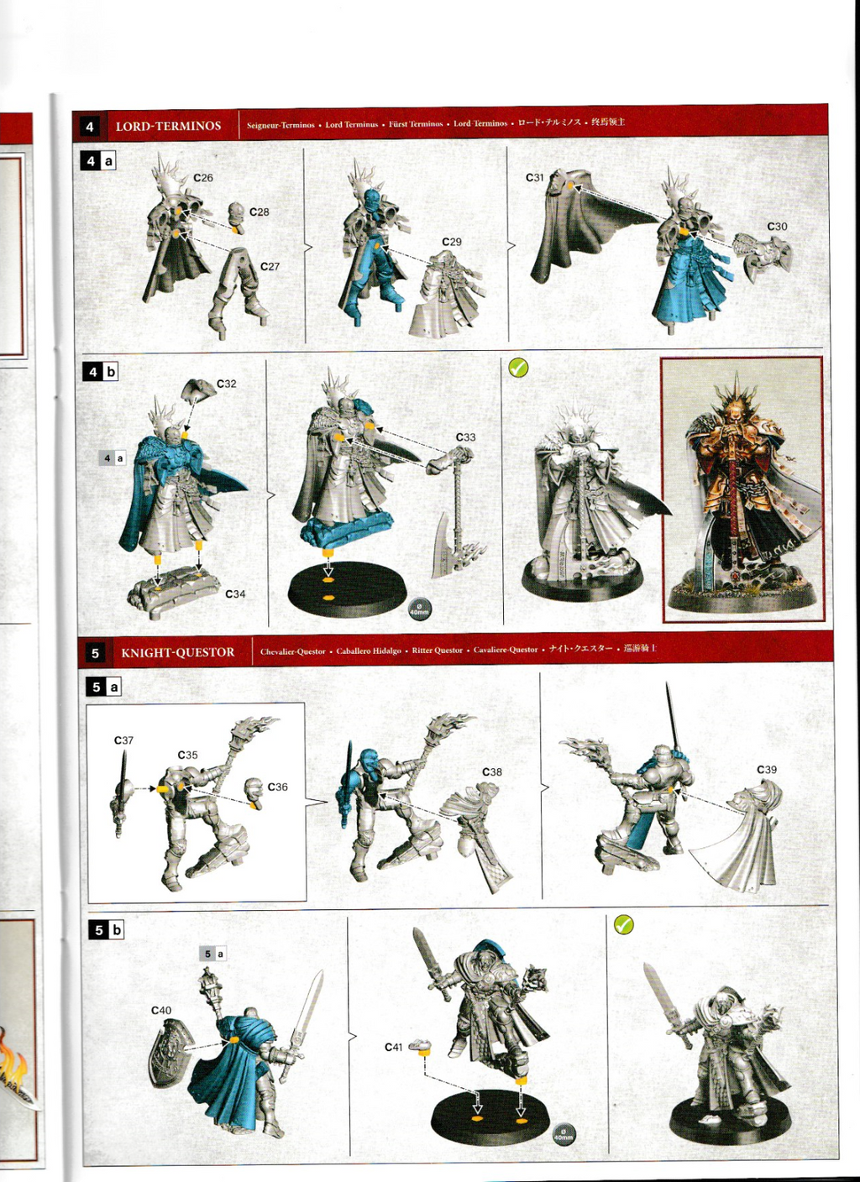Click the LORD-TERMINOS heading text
click(x=168, y=126)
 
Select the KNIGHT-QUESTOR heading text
click(x=177, y=652)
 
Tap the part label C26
click(x=202, y=178)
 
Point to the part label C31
click(x=534, y=178)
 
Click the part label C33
click(x=465, y=437)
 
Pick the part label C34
click(x=235, y=594)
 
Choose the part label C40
click(x=160, y=1011)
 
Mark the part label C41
click(x=393, y=1048)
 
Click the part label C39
click(x=766, y=770)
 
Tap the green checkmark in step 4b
click(x=518, y=368)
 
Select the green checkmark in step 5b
click(x=623, y=925)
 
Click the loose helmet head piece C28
click(x=236, y=214)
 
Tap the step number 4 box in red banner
click(x=90, y=127)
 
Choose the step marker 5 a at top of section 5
click(x=103, y=687)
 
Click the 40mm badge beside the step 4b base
click(x=419, y=609)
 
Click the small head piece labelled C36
click(x=253, y=791)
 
